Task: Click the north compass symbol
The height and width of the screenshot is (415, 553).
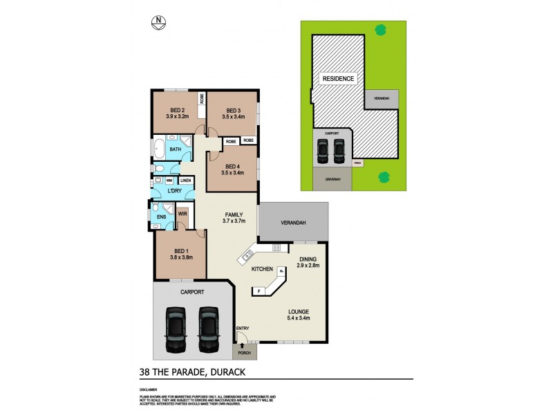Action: (x=160, y=22)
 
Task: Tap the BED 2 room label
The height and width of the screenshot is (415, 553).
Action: (x=177, y=110)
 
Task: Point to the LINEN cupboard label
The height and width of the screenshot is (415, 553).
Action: (x=185, y=181)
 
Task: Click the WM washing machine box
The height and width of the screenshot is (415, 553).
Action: (x=169, y=181)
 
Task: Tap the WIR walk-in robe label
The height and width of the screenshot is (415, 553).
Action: (x=182, y=214)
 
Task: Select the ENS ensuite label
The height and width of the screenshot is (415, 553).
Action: (x=161, y=217)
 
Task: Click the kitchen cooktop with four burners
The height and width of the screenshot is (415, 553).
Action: (x=276, y=248)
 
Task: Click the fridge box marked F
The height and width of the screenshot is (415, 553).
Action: (x=259, y=291)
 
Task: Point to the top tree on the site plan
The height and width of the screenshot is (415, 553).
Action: (x=379, y=29)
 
